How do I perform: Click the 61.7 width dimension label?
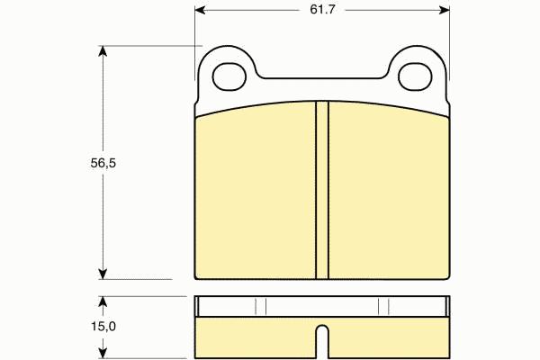coord(322,10)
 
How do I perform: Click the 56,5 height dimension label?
coord(103,163)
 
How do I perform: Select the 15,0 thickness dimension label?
coord(103,326)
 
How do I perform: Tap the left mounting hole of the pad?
coord(229,76)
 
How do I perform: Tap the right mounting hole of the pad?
coord(415,76)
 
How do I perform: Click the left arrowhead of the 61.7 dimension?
coord(200,10)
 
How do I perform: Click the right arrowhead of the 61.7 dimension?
coord(445,10)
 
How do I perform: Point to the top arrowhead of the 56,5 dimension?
coord(103,51)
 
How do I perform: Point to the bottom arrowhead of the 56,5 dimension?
coord(103,274)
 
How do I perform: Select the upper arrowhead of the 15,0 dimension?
coord(103,301)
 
